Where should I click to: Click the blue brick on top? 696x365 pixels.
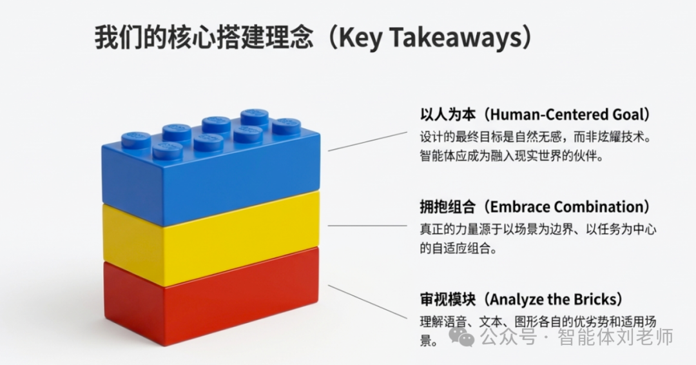[x=213, y=171]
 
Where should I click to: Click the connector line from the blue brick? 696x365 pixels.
[x=367, y=141]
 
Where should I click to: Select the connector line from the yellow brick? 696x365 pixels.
[x=367, y=226]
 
